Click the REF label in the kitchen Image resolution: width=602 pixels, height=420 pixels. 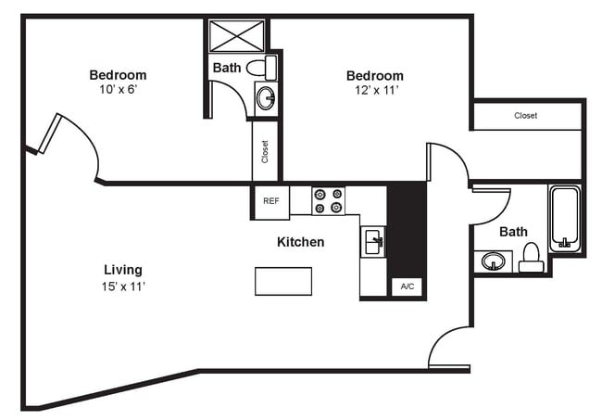270,201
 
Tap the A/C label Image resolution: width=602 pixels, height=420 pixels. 408,287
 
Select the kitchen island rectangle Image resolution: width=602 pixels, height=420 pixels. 283,280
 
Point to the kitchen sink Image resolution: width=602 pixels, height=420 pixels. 374,243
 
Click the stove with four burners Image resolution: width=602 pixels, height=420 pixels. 328,201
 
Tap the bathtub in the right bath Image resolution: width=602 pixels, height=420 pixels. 564,220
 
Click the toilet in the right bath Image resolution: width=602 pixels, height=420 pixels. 532,257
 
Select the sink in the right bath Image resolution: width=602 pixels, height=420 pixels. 495,261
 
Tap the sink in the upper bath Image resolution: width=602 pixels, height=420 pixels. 266,97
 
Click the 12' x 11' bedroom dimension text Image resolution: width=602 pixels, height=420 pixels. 375,92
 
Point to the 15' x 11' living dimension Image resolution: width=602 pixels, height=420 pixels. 123,286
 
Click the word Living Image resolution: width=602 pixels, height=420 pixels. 123,270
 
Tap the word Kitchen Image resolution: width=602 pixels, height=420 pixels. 301,242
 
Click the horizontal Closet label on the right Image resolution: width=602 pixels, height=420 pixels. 526,116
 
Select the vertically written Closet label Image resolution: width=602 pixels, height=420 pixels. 265,151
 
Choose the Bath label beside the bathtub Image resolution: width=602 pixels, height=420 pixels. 513,232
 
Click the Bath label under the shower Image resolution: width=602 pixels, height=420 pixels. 227,68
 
